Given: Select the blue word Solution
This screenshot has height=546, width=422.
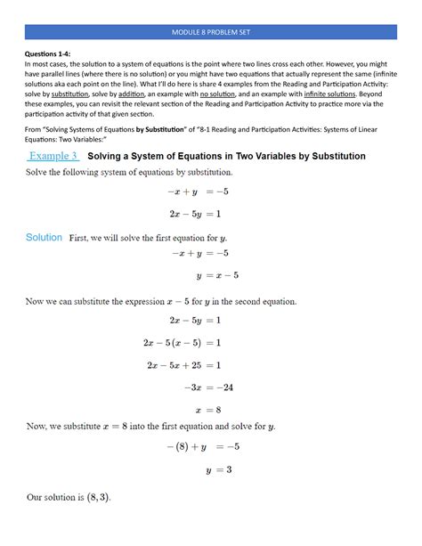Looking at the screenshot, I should click(x=44, y=238).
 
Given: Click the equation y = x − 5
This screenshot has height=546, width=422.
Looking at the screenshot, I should click(x=217, y=275).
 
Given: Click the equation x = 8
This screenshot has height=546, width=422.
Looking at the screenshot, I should click(x=214, y=410).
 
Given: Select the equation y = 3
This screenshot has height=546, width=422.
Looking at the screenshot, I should click(x=220, y=470).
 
